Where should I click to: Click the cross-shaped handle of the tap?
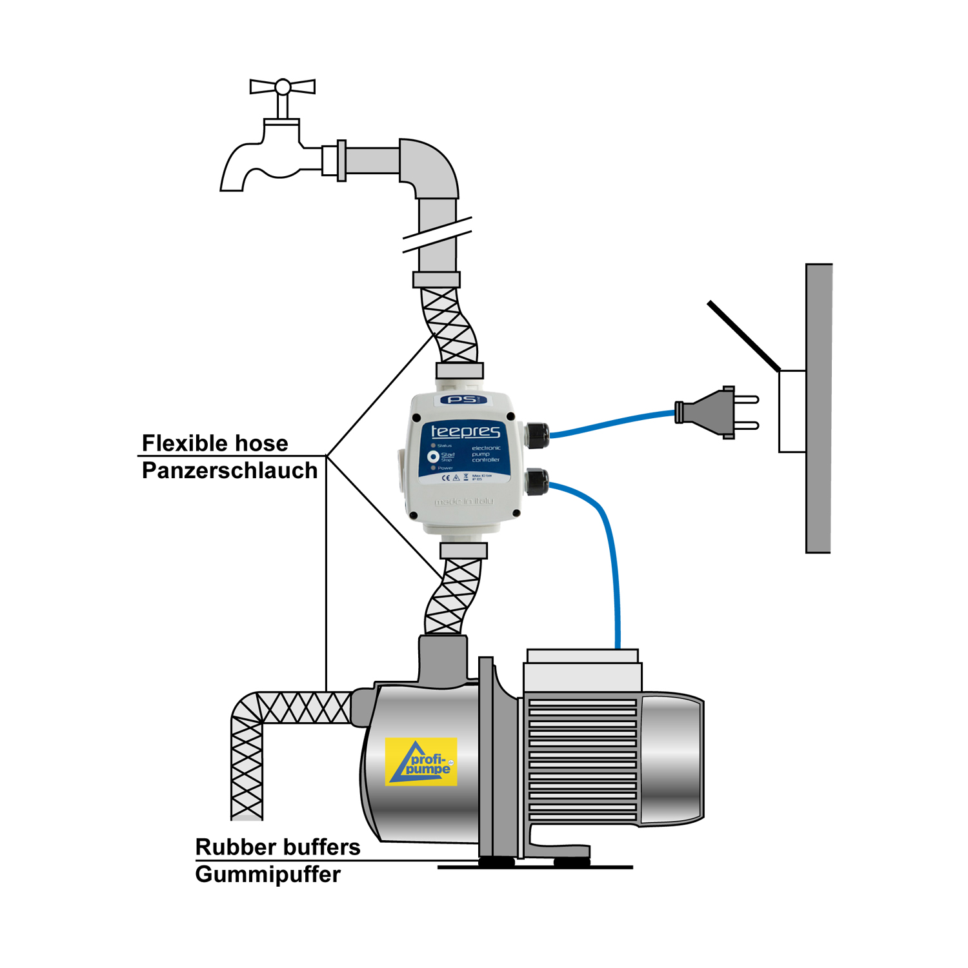tap(283, 87)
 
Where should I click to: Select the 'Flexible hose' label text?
tap(215, 443)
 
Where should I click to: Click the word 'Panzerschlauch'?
tap(229, 471)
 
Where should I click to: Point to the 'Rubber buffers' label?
tap(277, 847)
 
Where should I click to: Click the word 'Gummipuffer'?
tap(268, 874)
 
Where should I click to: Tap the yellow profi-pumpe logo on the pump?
tap(421, 761)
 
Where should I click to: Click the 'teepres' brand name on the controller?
tap(465, 431)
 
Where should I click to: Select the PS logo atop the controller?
tap(463, 400)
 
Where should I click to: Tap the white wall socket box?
tap(792, 412)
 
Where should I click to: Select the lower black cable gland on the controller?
tap(536, 482)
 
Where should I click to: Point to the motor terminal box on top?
tap(582, 671)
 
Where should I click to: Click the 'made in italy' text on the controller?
tap(463, 501)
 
